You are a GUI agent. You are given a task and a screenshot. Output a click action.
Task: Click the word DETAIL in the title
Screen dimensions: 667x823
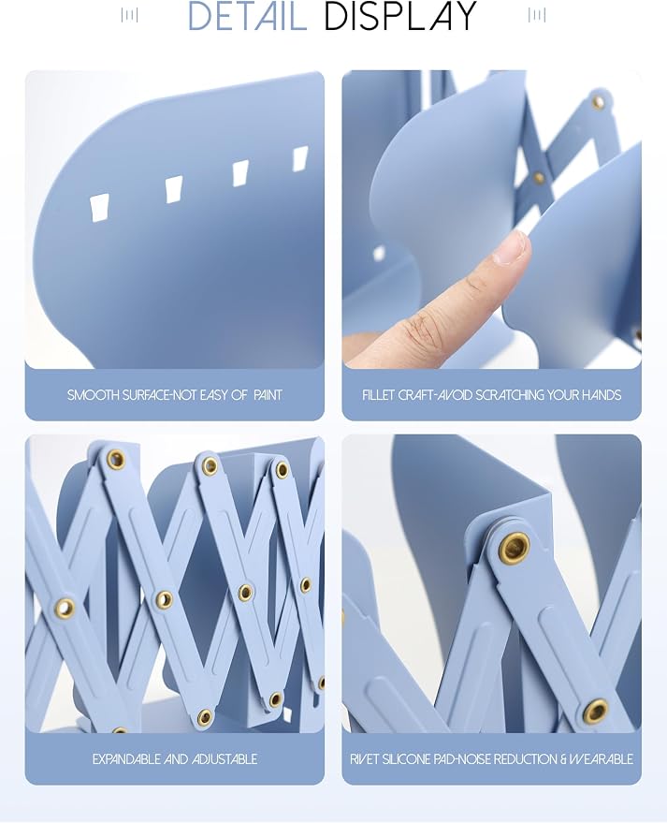[x=247, y=16]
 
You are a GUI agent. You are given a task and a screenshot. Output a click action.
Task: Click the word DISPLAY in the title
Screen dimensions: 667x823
[x=400, y=16]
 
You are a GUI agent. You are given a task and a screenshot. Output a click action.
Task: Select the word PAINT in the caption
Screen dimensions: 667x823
[x=268, y=395]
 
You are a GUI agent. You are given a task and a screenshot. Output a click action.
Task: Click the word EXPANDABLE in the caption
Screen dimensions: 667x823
[x=127, y=759]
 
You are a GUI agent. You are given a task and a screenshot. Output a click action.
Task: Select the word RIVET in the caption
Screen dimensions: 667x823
[x=364, y=759]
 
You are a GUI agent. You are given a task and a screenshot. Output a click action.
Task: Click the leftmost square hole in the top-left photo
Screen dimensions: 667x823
[x=99, y=209]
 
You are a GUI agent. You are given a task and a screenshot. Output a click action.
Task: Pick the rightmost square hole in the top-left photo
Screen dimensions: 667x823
[x=300, y=159]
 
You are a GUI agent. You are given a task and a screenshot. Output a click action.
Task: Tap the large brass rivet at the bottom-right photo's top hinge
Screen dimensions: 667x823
[x=514, y=547]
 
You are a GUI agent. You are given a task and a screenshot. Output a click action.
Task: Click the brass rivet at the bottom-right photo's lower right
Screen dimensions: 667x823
[x=596, y=712]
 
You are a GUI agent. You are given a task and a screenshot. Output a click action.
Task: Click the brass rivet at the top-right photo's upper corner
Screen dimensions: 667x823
[x=599, y=101]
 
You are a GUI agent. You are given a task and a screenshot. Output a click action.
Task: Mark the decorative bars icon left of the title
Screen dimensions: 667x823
[x=129, y=15]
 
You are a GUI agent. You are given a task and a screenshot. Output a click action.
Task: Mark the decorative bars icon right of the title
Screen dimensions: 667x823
[x=537, y=15]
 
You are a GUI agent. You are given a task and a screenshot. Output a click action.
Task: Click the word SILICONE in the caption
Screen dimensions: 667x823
[x=406, y=759]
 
